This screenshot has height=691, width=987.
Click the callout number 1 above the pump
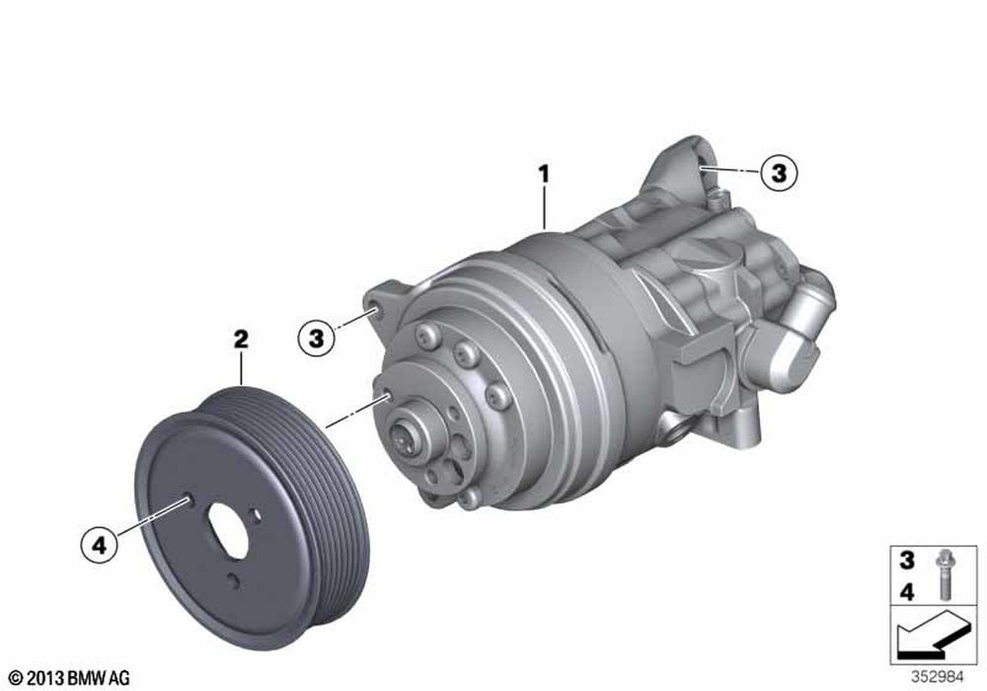[544, 174]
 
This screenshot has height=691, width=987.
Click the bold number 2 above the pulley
[241, 340]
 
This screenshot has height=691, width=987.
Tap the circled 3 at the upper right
[779, 172]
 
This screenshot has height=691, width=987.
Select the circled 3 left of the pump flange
[316, 338]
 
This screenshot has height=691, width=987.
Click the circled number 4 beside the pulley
[100, 544]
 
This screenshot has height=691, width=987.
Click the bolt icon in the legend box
[944, 575]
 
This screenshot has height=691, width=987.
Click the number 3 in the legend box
[906, 560]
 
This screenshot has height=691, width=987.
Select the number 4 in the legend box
[906, 591]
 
